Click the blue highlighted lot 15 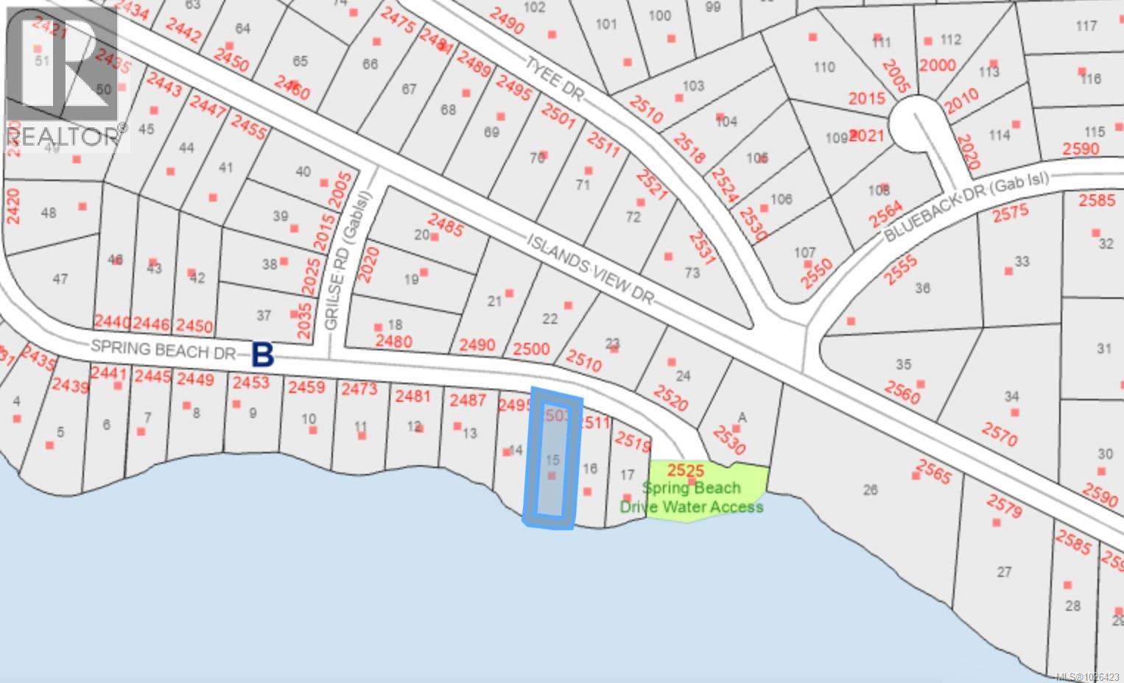pos(552,460)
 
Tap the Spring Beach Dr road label pos(163,349)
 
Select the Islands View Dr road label pos(590,269)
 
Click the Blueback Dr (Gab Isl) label pos(966,205)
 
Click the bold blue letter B pos(263,355)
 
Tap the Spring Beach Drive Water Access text pos(691,498)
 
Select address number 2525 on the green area pos(686,470)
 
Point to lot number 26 pos(871,489)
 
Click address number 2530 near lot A pos(729,439)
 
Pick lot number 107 pos(804,252)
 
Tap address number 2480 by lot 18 pos(393,341)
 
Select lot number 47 pos(60,279)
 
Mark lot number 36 pos(923,288)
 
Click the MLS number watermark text pos(1087,676)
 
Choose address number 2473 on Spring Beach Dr pos(359,388)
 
